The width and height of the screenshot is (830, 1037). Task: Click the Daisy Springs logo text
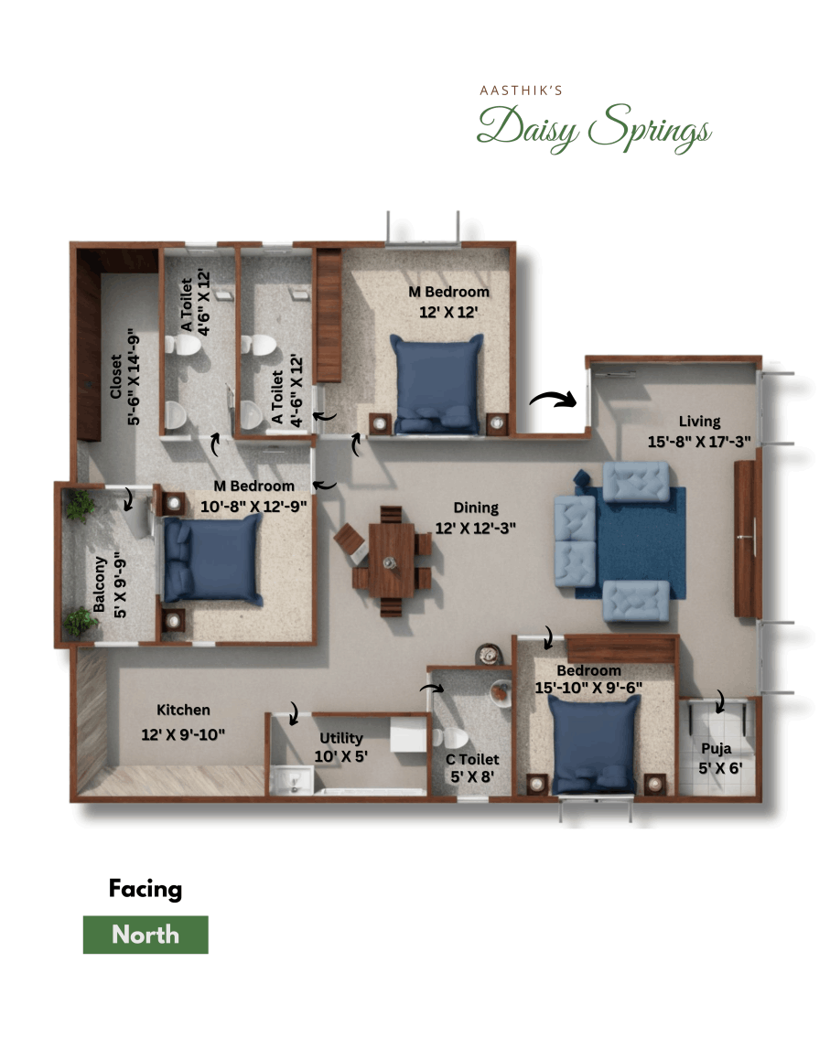[593, 127]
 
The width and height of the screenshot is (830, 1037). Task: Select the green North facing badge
[146, 935]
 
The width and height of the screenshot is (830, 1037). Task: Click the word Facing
[146, 888]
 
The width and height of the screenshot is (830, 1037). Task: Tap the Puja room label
[717, 746]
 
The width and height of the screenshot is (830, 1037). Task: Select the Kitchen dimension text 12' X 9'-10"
[183, 733]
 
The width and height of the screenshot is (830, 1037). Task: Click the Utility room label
[341, 738]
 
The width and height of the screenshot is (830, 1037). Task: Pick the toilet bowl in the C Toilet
[454, 738]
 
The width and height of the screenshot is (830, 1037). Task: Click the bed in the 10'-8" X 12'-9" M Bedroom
[213, 561]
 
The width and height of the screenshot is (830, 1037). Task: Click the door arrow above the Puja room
[720, 701]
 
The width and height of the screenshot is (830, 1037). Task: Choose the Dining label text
[475, 508]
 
